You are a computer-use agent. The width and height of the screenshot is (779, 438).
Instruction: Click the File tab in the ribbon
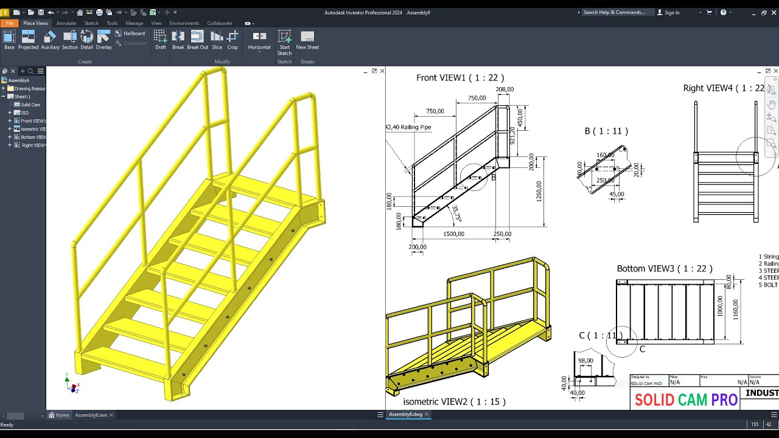[x=10, y=23]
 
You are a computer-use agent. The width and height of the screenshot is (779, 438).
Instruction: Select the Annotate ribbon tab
[x=66, y=23]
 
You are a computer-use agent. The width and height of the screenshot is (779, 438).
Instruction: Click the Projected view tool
[x=28, y=40]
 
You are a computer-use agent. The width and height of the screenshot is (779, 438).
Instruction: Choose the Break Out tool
[x=197, y=40]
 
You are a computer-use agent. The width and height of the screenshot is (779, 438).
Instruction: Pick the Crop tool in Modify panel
[x=232, y=40]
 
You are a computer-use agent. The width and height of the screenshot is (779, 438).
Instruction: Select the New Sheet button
[x=307, y=40]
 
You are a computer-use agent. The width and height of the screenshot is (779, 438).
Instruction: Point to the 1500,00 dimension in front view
[x=454, y=234]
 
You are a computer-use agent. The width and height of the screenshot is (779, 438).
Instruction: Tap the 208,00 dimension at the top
[x=505, y=89]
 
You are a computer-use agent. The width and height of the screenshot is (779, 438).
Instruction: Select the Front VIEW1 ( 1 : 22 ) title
[x=459, y=78]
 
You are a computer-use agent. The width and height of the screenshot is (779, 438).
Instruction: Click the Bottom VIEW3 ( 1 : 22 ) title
[x=664, y=268]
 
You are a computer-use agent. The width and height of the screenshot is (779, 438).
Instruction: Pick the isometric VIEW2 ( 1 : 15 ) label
[x=454, y=401]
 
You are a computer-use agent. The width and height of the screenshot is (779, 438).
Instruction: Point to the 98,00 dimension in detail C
[x=585, y=361]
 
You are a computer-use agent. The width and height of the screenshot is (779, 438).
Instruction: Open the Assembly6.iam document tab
[x=91, y=415]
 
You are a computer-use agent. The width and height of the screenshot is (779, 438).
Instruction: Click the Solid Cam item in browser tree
[x=30, y=105]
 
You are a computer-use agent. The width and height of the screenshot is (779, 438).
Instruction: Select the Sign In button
[x=672, y=12]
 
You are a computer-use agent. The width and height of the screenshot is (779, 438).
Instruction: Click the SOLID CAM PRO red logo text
[x=686, y=400]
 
